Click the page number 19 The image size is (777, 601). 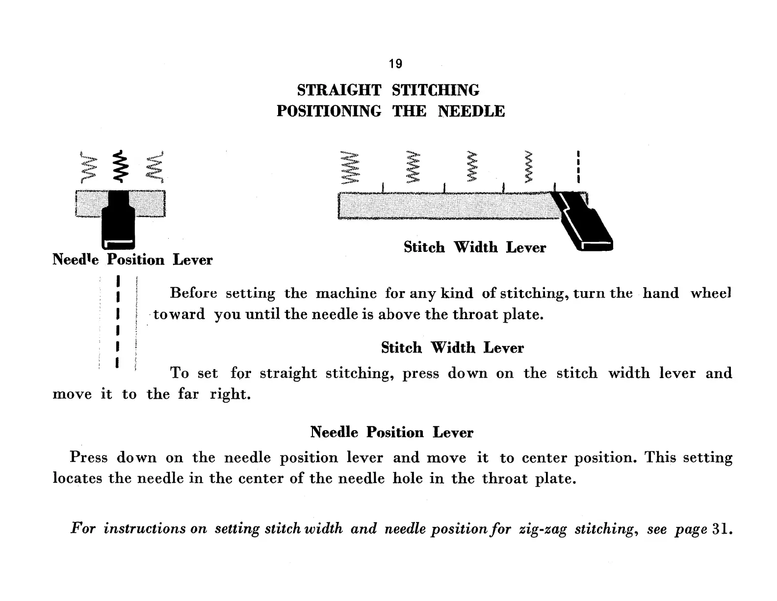pos(395,64)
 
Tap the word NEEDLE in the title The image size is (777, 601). pos(471,111)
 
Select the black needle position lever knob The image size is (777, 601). pos(118,219)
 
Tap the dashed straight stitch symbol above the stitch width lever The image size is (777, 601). pos(579,166)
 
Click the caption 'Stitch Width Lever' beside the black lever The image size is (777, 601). pos(474,247)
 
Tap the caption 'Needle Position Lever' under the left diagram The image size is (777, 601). pos(132,260)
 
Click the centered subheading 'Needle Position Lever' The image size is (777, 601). pos(391,433)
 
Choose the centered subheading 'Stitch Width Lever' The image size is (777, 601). pos(452,348)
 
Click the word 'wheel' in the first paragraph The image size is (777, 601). pos(711,293)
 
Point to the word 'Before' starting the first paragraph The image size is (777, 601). pos(193,293)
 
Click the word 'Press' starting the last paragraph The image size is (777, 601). pos(88,457)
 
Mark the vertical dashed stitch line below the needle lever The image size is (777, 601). pos(118,322)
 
